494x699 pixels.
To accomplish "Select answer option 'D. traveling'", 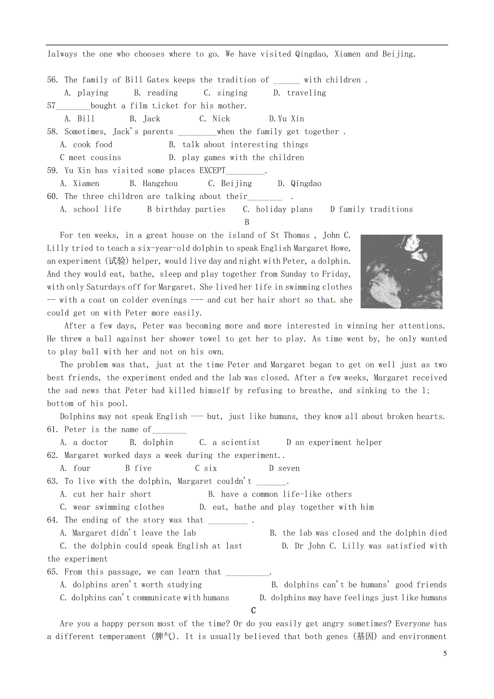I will coord(299,93).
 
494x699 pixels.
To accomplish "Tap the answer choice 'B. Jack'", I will coord(145,119).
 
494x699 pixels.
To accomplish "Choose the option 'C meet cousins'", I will coord(91,158).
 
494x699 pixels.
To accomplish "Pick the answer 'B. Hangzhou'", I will coord(154,184).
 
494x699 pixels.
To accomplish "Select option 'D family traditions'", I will coord(371,210).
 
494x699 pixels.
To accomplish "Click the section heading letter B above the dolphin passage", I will coord(247,222).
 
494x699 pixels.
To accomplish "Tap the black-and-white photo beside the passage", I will coord(401,271).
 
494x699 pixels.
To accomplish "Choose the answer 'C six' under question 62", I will coord(206,468).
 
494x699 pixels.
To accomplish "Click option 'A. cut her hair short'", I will coord(106,494).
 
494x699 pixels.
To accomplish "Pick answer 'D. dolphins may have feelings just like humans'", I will coord(353,598).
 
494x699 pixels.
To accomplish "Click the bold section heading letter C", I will coord(253,610).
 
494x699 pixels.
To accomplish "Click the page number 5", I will coord(445,654).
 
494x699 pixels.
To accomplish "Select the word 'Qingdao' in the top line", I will coord(311,54).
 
